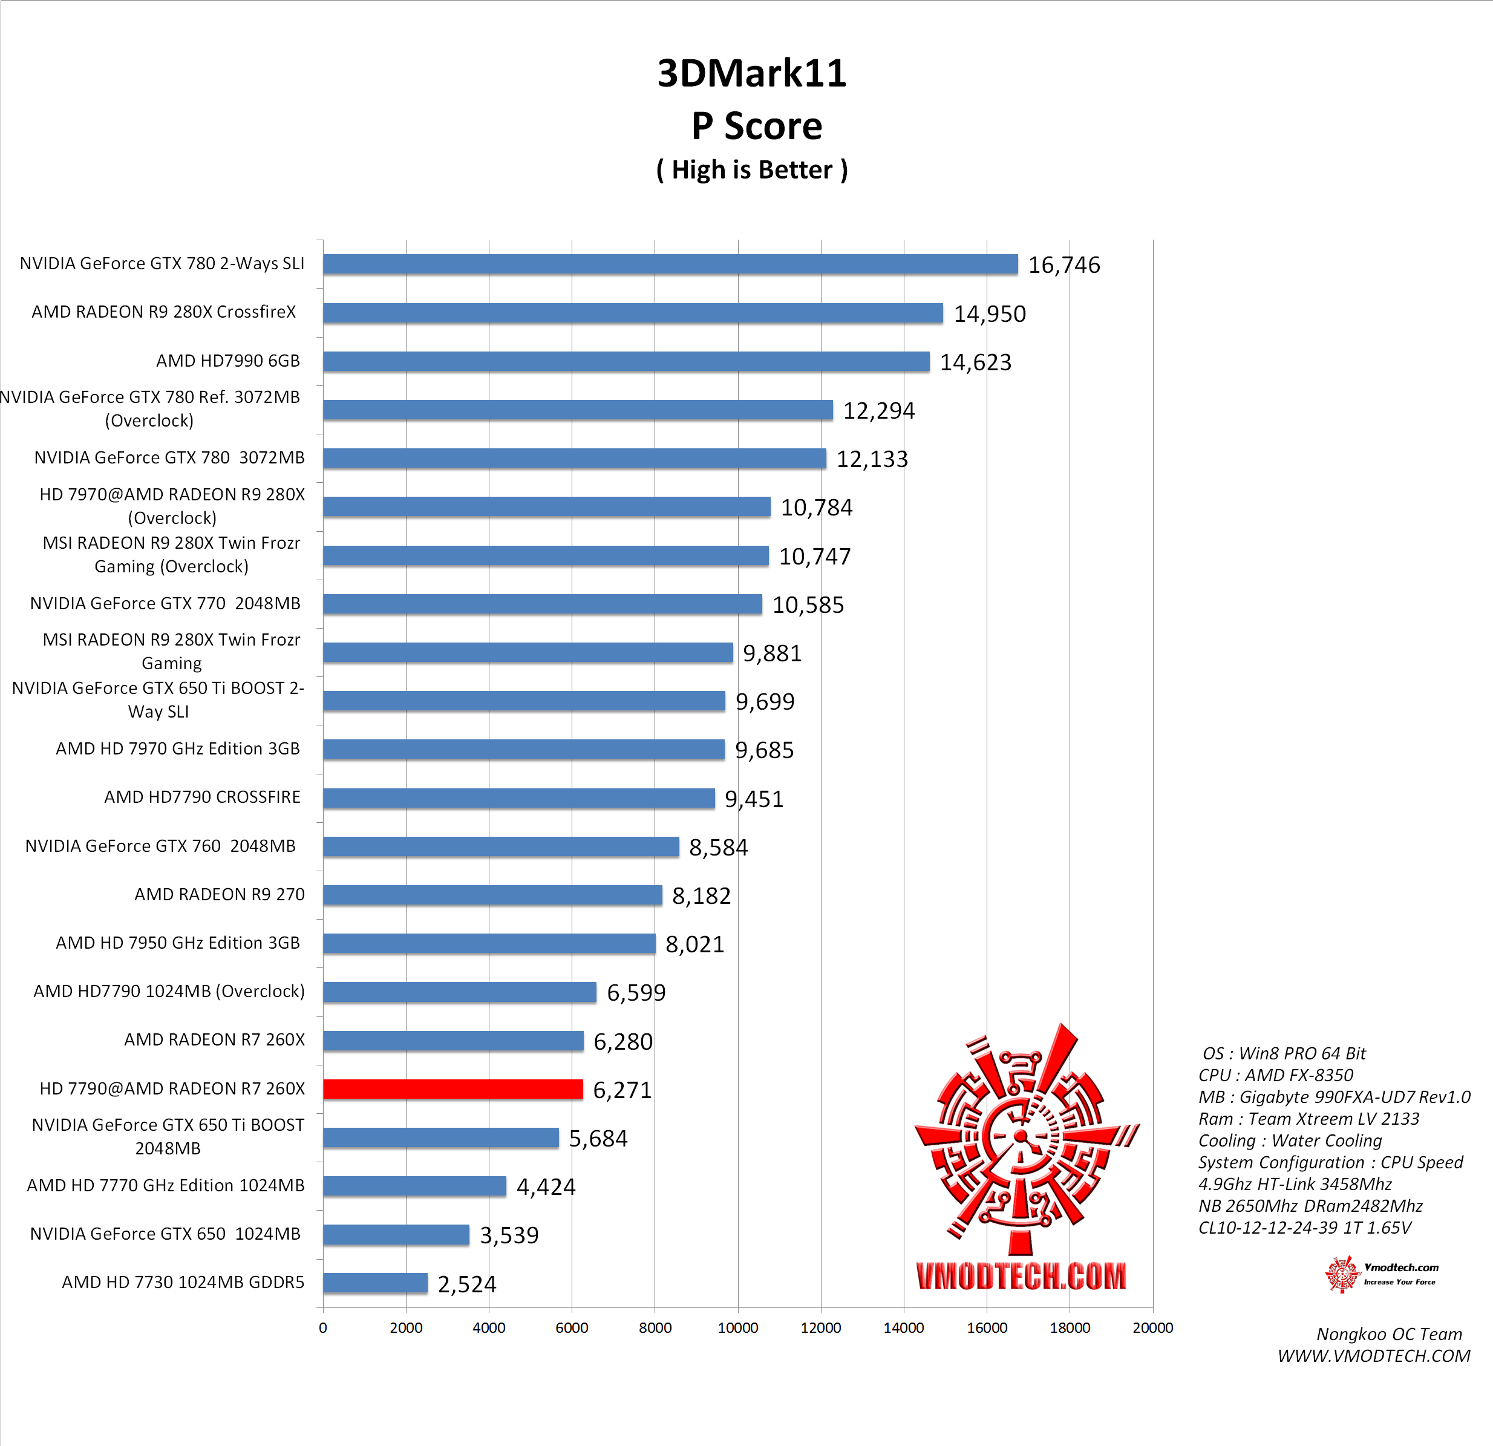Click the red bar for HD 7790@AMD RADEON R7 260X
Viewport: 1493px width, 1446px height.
point(452,1088)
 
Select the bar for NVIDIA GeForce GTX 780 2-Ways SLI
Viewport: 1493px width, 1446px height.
point(670,264)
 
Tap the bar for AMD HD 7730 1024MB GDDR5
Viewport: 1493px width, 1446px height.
point(375,1283)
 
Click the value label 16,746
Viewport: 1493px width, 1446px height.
point(1063,265)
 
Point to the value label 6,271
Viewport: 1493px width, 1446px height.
point(622,1090)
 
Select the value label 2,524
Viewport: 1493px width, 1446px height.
point(466,1284)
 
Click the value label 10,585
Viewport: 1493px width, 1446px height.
point(808,605)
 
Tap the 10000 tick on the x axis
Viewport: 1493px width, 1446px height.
point(737,1328)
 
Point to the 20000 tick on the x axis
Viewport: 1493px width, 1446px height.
point(1152,1328)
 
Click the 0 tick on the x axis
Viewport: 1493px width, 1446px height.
point(323,1328)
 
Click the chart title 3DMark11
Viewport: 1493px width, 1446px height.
point(751,73)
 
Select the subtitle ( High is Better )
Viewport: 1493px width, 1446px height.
point(751,169)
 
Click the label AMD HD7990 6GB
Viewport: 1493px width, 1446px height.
point(227,361)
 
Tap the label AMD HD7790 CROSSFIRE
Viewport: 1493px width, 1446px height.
point(202,797)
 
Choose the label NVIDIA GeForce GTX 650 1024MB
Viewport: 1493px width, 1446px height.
point(165,1234)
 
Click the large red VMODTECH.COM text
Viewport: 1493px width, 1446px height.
point(1020,1276)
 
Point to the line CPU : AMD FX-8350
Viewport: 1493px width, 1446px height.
point(1275,1075)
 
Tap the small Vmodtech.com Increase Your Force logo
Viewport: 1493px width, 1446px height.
point(1381,1274)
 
